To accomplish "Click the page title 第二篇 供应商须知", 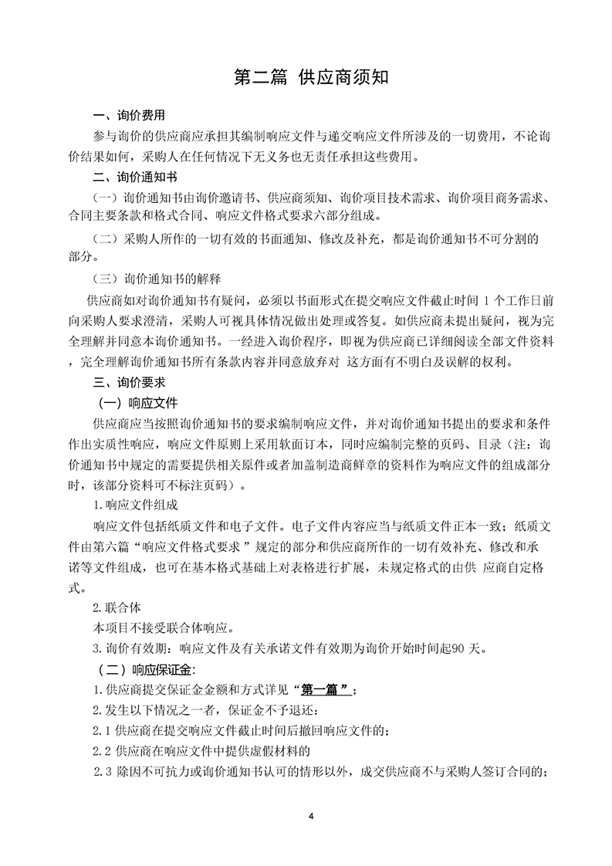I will point(306,79).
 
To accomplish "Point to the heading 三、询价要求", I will point(129,382).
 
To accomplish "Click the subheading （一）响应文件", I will point(137,403).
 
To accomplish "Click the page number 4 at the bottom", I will point(309,816).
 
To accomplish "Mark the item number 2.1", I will point(101,729).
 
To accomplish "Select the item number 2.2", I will point(101,750).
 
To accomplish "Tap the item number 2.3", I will point(103,770).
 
